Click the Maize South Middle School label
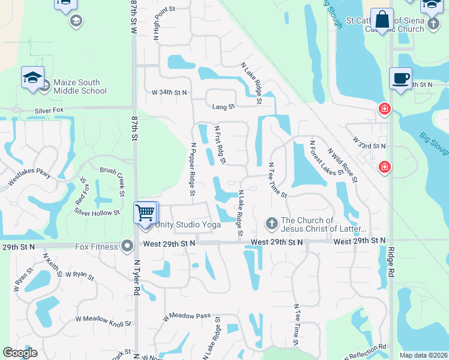80,86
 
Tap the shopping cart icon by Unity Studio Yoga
145,213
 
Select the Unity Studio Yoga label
188,224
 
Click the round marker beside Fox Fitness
127,246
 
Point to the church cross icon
271,224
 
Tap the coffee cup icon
400,78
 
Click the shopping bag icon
382,19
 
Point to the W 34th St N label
169,93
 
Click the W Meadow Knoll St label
103,321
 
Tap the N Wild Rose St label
343,165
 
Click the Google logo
20,353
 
